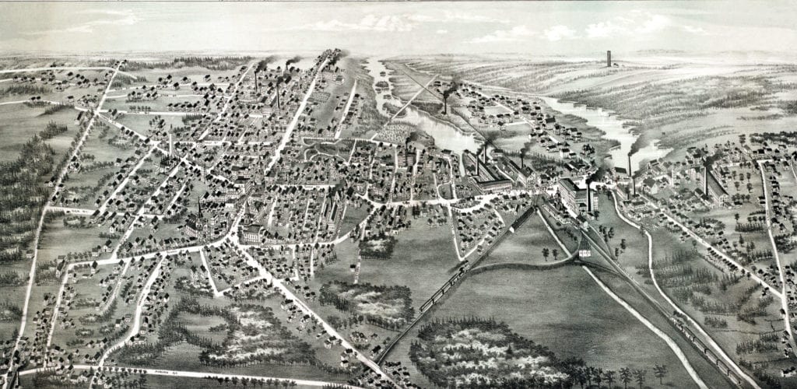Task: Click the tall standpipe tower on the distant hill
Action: [608, 58]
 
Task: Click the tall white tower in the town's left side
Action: [170, 145]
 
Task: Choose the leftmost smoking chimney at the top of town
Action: [256, 78]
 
